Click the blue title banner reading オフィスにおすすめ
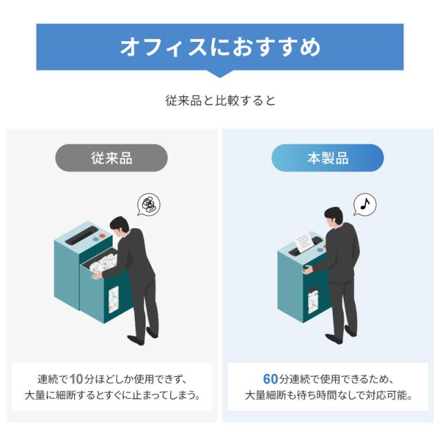(220, 47)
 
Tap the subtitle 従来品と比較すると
(220, 100)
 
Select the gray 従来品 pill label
(111, 158)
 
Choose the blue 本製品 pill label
(327, 158)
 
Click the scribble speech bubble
(148, 204)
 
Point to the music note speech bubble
(366, 203)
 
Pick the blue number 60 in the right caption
(270, 379)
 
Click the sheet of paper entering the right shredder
(303, 241)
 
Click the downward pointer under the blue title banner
(220, 74)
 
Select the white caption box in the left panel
(111, 387)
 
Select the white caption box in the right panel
(328, 387)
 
